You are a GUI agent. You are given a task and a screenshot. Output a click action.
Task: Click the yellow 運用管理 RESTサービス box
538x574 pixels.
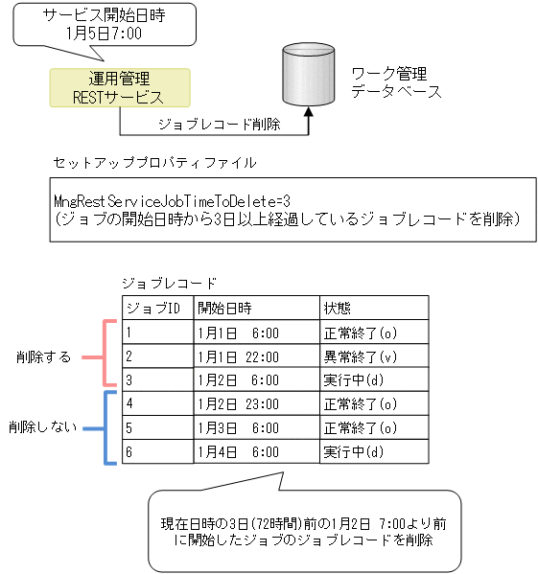point(119,87)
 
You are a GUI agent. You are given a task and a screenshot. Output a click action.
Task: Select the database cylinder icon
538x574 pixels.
point(308,77)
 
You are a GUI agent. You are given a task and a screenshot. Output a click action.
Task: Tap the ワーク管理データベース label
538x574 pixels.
point(396,82)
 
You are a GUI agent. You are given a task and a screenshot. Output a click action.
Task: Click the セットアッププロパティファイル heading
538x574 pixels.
point(154,163)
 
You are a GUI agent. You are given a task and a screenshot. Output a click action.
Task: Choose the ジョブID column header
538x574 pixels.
point(152,308)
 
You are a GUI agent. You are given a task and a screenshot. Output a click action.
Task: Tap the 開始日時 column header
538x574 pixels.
point(224,308)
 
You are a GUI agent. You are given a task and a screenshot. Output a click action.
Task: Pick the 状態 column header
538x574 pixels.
point(338,308)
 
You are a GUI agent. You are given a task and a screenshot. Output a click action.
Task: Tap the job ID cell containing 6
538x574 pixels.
point(130,451)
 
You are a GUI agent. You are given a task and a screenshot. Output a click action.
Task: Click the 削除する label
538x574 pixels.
point(43,357)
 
